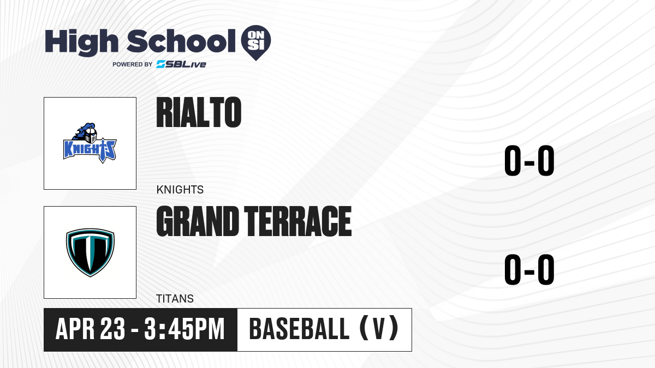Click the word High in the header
tap(81, 43)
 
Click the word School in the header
tap(181, 41)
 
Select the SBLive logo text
tap(181, 64)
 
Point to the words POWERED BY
tap(132, 64)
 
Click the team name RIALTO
tap(199, 112)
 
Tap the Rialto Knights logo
tap(90, 143)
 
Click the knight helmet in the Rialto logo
tap(91, 135)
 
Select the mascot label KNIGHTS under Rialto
tap(180, 190)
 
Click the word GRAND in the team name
tap(198, 221)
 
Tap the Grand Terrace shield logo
tap(90, 252)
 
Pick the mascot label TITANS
tap(175, 299)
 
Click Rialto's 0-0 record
tap(529, 161)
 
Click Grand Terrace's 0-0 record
tap(529, 269)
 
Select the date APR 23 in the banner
tap(91, 329)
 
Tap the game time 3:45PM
tap(184, 329)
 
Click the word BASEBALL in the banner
tap(299, 329)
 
